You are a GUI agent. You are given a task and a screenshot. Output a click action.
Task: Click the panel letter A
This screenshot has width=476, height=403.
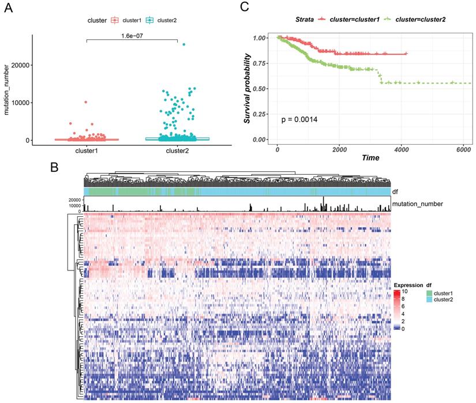click(x=8, y=8)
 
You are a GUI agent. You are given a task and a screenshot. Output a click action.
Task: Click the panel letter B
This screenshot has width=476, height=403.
click(x=54, y=168)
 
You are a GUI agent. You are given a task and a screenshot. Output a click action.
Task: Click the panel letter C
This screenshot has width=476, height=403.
click(x=245, y=8)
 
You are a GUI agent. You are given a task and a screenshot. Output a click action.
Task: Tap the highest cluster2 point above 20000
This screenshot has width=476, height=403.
click(x=184, y=44)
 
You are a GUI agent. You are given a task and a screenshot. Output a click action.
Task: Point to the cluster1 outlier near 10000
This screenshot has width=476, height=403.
click(x=86, y=102)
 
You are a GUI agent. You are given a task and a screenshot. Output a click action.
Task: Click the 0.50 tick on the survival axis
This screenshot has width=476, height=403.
click(x=261, y=89)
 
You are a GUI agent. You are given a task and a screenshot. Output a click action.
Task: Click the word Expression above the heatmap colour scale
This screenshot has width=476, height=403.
click(x=408, y=285)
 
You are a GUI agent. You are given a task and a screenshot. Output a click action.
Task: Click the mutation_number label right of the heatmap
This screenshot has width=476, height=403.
click(x=420, y=204)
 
